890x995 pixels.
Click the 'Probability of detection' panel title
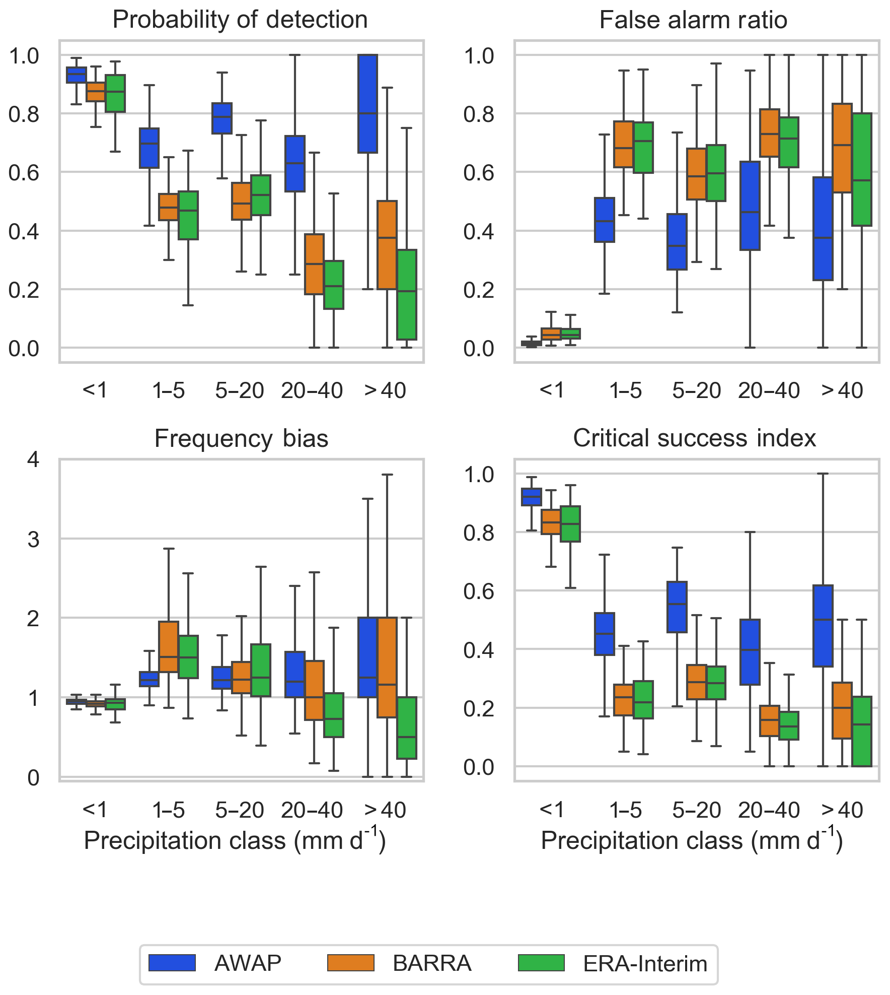pos(240,20)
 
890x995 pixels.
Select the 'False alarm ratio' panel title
pos(693,20)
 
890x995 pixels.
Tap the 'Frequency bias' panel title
pos(241,438)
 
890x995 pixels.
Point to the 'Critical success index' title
pos(694,438)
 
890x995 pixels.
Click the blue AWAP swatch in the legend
pos(172,963)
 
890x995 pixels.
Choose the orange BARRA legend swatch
pos(351,963)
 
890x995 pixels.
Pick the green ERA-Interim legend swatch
pos(541,963)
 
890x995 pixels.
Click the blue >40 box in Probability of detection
pos(367,103)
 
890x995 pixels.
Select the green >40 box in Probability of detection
pos(407,295)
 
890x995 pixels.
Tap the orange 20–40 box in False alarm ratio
pos(770,133)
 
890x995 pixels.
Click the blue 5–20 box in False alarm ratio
pos(677,242)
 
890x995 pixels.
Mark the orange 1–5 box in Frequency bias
pos(169,646)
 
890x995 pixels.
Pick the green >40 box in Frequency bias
pos(407,728)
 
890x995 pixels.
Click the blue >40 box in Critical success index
pos(823,626)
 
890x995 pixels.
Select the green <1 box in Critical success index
pos(570,524)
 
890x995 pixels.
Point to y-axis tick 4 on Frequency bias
pos(33,459)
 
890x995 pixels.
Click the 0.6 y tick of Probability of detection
pos(24,173)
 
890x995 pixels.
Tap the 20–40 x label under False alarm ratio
pos(769,391)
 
